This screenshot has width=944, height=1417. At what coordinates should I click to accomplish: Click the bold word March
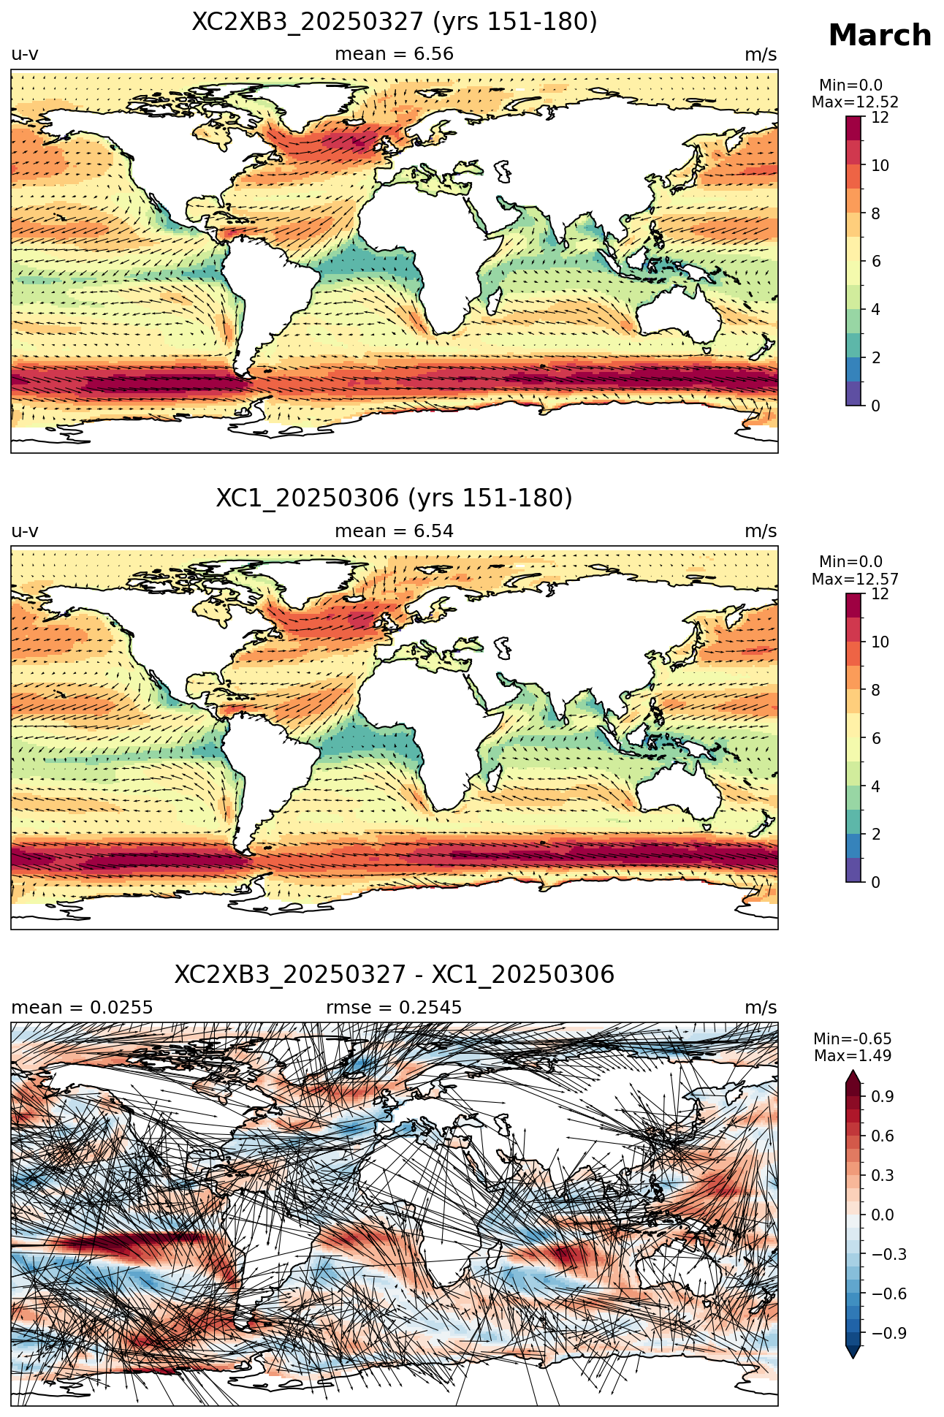click(x=880, y=35)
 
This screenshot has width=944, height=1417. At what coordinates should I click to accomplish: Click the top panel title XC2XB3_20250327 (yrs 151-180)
click(x=395, y=22)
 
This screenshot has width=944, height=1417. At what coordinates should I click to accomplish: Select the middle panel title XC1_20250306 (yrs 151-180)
click(x=395, y=498)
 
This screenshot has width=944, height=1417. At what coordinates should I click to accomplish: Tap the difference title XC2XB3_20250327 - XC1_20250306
click(x=395, y=975)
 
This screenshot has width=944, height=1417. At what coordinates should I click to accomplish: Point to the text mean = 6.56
click(x=395, y=54)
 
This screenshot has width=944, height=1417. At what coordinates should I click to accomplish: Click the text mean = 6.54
click(x=395, y=531)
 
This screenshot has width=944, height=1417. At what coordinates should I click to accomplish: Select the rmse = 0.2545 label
click(x=395, y=1008)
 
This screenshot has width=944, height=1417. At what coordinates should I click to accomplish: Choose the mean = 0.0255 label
click(x=82, y=1008)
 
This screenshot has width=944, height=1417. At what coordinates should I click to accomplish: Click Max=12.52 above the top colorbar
click(x=855, y=102)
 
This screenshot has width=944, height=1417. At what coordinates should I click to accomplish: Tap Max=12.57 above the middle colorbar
click(x=855, y=580)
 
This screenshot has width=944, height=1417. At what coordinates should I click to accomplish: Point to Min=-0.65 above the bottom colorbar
click(x=853, y=1039)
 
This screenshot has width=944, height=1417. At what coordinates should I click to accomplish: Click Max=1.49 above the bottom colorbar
click(x=853, y=1056)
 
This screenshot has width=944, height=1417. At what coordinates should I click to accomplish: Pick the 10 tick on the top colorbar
click(x=880, y=166)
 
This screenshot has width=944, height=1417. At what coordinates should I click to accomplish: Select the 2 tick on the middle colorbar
click(x=875, y=835)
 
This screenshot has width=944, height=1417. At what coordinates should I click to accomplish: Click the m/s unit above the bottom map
click(x=761, y=1008)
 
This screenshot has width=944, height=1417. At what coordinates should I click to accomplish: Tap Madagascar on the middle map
click(x=495, y=776)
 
